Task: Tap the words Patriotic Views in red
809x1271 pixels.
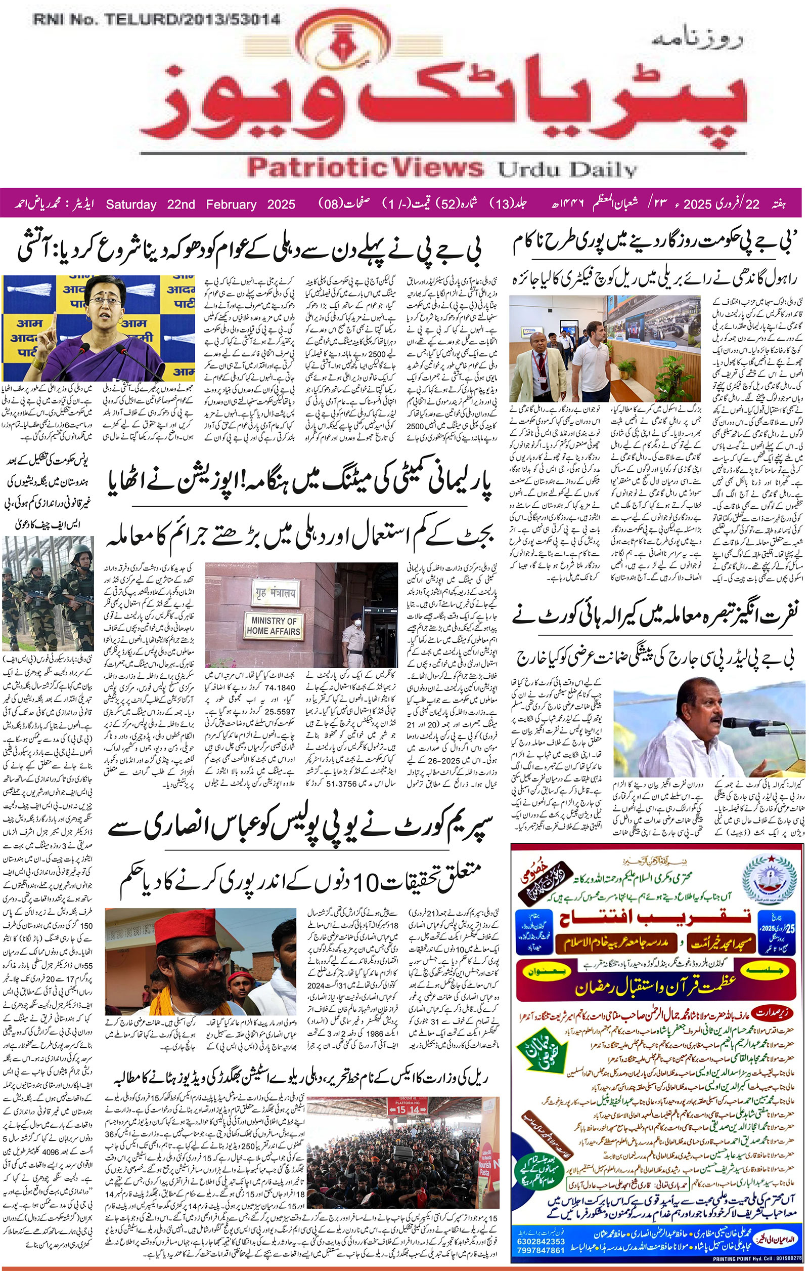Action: tap(365, 168)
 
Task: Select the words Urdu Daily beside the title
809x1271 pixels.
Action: tap(567, 170)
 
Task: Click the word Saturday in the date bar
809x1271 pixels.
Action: tap(131, 204)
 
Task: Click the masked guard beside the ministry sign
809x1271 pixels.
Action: tap(352, 631)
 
